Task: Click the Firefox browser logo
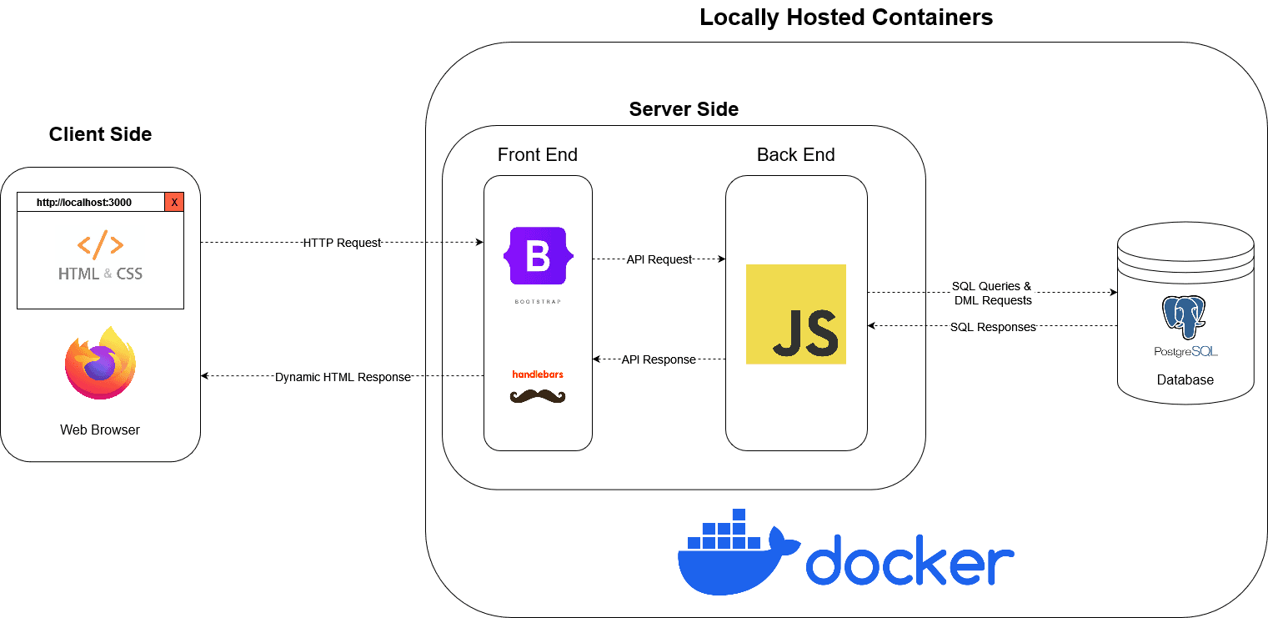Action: point(100,363)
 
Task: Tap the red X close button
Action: point(174,202)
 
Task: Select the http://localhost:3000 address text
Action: point(83,202)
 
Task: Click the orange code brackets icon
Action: point(100,245)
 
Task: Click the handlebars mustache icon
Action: point(538,396)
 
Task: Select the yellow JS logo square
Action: point(795,314)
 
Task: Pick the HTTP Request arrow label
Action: point(342,243)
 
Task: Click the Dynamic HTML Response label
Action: point(343,377)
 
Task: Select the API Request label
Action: point(659,259)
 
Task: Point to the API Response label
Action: point(659,359)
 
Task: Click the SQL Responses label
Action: point(993,327)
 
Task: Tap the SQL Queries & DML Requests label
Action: point(992,293)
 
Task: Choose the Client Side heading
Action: point(100,134)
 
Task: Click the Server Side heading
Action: point(684,109)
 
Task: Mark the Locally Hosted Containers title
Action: point(846,17)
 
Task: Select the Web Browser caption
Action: point(100,430)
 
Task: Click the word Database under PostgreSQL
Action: point(1185,380)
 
